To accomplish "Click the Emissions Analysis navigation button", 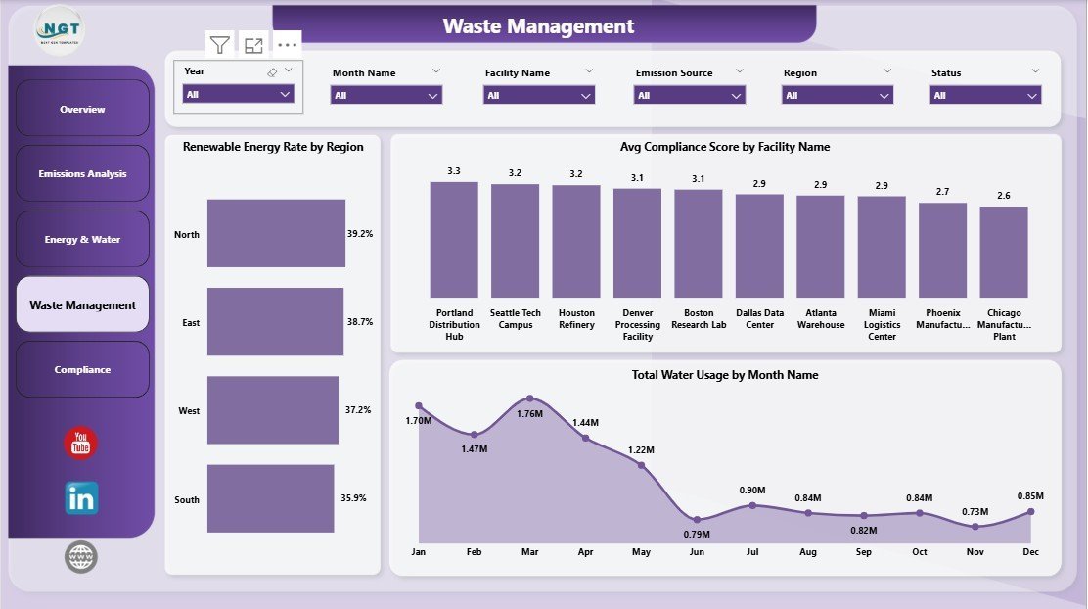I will pos(82,174).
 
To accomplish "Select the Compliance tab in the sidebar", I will pos(82,370).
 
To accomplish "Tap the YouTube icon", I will pos(81,443).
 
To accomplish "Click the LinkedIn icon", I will pos(81,498).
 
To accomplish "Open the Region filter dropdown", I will pos(838,96).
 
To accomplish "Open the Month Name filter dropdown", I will pos(386,96).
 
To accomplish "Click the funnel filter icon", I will pos(220,45).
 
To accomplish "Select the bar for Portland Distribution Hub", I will pos(454,240).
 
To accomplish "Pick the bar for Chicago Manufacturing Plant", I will pos(1004,252).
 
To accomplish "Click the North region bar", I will pos(276,234).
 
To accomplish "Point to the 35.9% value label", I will pos(353,498).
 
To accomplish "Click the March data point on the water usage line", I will pos(529,398).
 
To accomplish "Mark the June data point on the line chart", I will pos(696,519).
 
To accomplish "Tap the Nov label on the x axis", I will pos(975,552).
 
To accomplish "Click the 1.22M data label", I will pos(641,450).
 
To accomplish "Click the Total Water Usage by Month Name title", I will pos(725,375).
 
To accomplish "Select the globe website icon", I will pos(81,557).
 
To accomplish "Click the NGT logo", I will pos(61,29).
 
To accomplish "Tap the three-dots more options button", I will pos(287,45).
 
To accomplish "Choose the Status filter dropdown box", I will pos(985,96).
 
